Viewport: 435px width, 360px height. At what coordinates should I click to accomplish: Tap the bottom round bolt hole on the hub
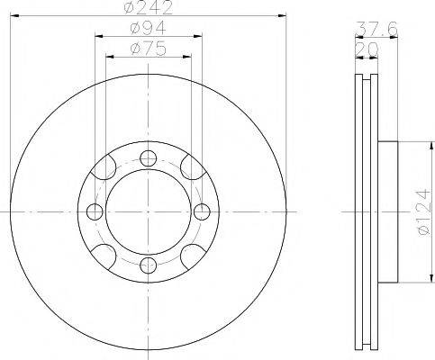pos(147,264)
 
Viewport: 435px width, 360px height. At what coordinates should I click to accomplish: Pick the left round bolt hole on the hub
pos(95,212)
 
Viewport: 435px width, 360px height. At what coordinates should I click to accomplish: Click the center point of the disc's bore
pos(147,212)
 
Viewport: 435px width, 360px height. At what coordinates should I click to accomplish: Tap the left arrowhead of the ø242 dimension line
pos(14,14)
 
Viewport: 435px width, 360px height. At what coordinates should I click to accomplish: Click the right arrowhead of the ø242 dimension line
pos(281,14)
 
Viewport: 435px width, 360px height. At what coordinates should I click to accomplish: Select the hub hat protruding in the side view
pos(388,212)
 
